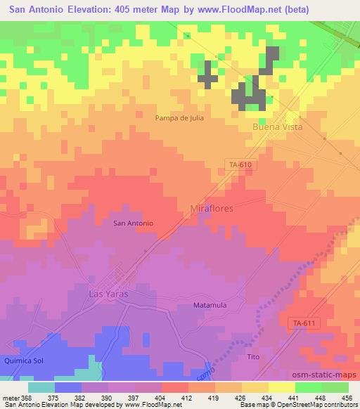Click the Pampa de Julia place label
179,118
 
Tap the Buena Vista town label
277,127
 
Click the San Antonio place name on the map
134,223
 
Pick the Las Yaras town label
108,294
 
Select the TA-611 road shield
302,323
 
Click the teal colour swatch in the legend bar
41,387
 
